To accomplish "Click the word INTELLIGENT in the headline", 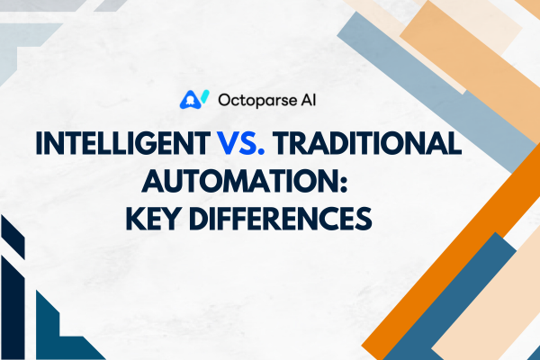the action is click(x=123, y=143).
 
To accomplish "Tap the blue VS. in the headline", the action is click(x=240, y=143).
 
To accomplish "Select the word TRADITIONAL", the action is click(x=367, y=143).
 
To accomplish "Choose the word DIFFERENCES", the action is click(x=280, y=219).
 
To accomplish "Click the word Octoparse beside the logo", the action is click(x=257, y=100).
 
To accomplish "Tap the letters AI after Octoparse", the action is click(x=308, y=100).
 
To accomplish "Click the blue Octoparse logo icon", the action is click(x=191, y=100).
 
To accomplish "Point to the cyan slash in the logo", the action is click(x=205, y=96).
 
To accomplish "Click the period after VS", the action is click(x=261, y=152).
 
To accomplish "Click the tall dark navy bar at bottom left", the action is click(x=13, y=307).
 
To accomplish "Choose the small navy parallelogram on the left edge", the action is click(x=13, y=237).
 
